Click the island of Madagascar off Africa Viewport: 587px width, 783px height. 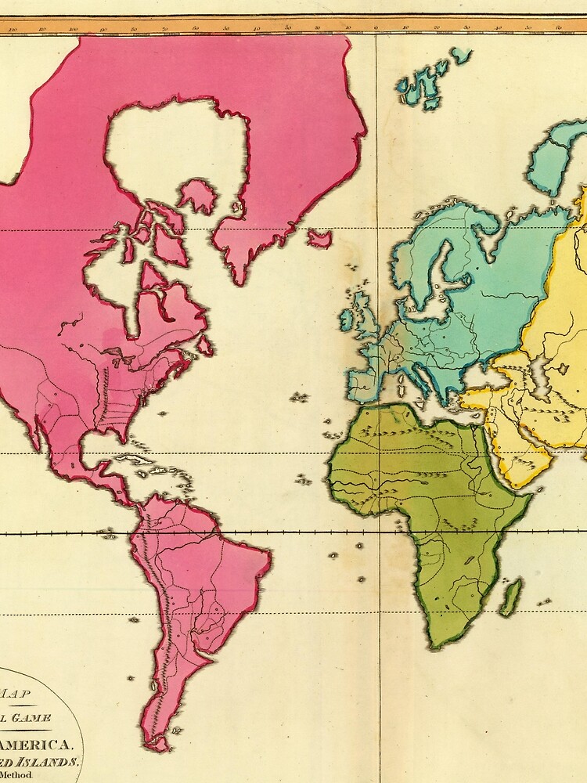[x=511, y=597]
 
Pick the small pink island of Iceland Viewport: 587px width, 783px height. [x=319, y=238]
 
